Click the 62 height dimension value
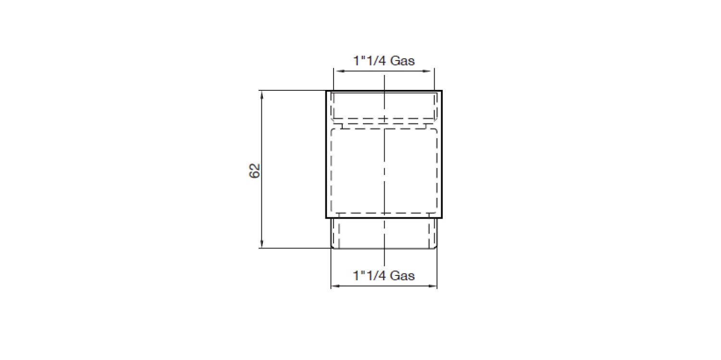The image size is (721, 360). tap(255, 171)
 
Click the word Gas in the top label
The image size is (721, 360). tap(402, 61)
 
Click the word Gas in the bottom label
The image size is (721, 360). tap(402, 276)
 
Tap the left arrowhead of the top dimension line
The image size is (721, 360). tap(337, 71)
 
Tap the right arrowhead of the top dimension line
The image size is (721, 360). tap(430, 71)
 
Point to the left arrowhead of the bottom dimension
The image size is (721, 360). tap(335, 286)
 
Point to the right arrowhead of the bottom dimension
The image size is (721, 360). tap(433, 286)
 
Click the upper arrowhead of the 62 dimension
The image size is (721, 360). tap(261, 95)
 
